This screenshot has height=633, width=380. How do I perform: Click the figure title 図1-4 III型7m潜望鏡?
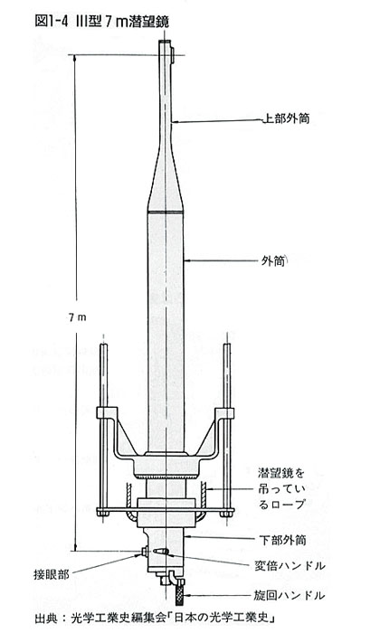pos(101,22)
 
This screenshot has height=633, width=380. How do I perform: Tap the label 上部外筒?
pos(286,118)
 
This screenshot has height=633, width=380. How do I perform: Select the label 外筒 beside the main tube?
pos(273,261)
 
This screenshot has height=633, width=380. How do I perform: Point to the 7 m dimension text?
pos(77,317)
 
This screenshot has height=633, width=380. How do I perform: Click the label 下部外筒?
pos(282,540)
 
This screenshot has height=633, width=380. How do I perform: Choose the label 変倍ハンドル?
pos(290,565)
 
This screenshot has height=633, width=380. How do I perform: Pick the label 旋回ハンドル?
pos(290,595)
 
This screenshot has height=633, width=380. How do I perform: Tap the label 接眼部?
pos(52,574)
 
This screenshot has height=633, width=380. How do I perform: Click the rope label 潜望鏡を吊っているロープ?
pos(281,488)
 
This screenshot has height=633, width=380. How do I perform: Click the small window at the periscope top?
pos(173,54)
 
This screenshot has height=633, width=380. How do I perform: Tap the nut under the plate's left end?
pos(103,514)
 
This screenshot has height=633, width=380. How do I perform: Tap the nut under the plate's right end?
pos(226,514)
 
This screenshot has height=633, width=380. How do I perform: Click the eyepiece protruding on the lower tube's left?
pos(144,552)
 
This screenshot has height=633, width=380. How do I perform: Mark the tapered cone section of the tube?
pos(166,182)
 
